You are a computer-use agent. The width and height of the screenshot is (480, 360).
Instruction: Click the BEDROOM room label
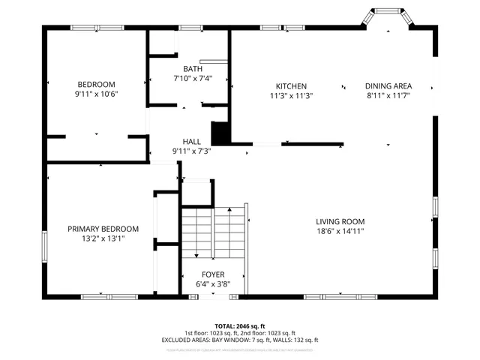tap(97, 84)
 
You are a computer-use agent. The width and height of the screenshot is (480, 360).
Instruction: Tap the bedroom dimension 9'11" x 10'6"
tap(97, 94)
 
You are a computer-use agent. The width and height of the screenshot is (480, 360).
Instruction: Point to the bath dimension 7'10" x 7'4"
tap(188, 78)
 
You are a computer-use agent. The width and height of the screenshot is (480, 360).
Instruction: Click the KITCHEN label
tap(291, 86)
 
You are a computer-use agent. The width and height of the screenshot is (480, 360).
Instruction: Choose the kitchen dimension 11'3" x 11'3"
tap(291, 96)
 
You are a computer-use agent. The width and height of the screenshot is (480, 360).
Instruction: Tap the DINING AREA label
tap(388, 86)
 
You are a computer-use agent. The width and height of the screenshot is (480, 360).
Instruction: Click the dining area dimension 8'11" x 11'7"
tap(388, 96)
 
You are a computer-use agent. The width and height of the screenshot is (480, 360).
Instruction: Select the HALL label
tap(191, 141)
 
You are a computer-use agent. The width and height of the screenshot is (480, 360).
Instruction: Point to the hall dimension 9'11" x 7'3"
tap(191, 151)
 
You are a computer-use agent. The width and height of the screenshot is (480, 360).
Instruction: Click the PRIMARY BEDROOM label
tap(103, 229)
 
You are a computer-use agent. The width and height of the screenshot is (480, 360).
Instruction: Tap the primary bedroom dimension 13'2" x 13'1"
tap(103, 238)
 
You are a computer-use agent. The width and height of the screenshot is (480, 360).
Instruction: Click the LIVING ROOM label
tap(340, 221)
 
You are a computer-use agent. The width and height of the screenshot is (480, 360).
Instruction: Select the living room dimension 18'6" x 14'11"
tap(340, 231)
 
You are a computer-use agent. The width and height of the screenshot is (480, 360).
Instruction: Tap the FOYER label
tap(212, 274)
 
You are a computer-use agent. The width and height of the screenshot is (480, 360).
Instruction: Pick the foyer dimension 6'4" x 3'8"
tap(212, 284)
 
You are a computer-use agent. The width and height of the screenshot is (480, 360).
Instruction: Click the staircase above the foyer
tap(214, 232)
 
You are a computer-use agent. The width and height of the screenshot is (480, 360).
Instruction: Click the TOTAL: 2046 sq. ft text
tap(240, 326)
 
